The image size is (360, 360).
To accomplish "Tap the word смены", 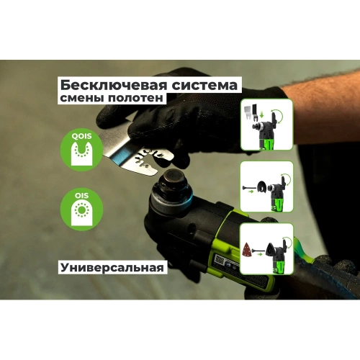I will coord(83,99).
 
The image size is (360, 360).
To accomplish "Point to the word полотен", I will coord(138,99).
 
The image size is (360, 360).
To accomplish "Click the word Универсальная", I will coord(112,267).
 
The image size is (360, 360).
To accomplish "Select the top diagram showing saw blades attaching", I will coord(266,127).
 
